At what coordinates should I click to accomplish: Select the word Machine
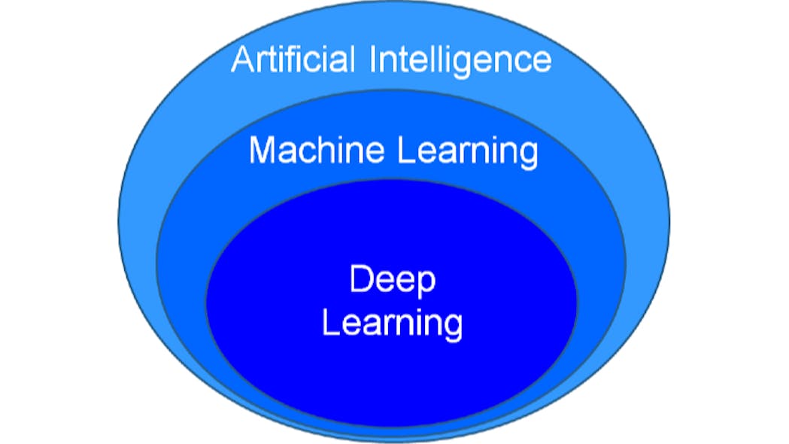click(x=317, y=150)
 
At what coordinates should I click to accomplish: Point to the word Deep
click(x=393, y=281)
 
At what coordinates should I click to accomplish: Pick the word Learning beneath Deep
click(x=392, y=324)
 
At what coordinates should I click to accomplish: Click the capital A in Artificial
click(x=242, y=59)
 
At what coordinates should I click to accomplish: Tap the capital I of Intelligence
click(x=374, y=59)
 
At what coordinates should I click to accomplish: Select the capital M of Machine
click(x=262, y=150)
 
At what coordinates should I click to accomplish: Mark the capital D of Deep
click(x=360, y=280)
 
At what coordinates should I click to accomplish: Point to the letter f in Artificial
click(x=285, y=58)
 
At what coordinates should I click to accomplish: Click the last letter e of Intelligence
click(x=542, y=62)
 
